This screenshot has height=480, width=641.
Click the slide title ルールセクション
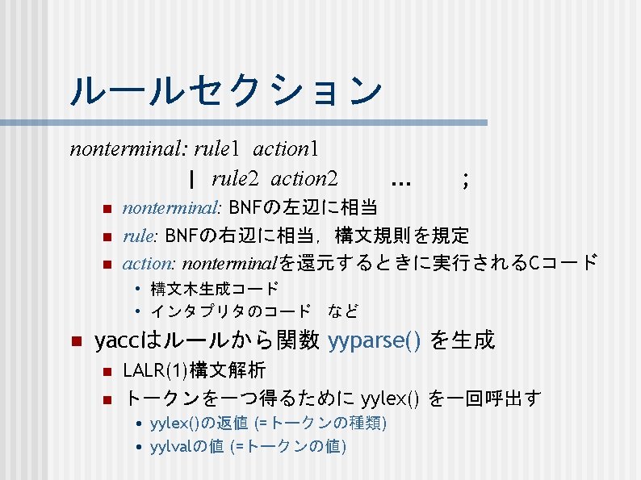[225, 90]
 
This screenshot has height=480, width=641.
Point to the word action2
[304, 177]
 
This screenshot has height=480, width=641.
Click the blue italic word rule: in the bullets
[141, 236]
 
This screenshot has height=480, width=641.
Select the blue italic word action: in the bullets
[149, 262]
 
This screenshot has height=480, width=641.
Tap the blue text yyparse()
[375, 341]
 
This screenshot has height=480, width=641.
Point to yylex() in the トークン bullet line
[391, 398]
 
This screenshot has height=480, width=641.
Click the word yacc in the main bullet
[114, 341]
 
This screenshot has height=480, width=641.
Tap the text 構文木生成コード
[215, 288]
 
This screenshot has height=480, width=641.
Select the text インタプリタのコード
[231, 311]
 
